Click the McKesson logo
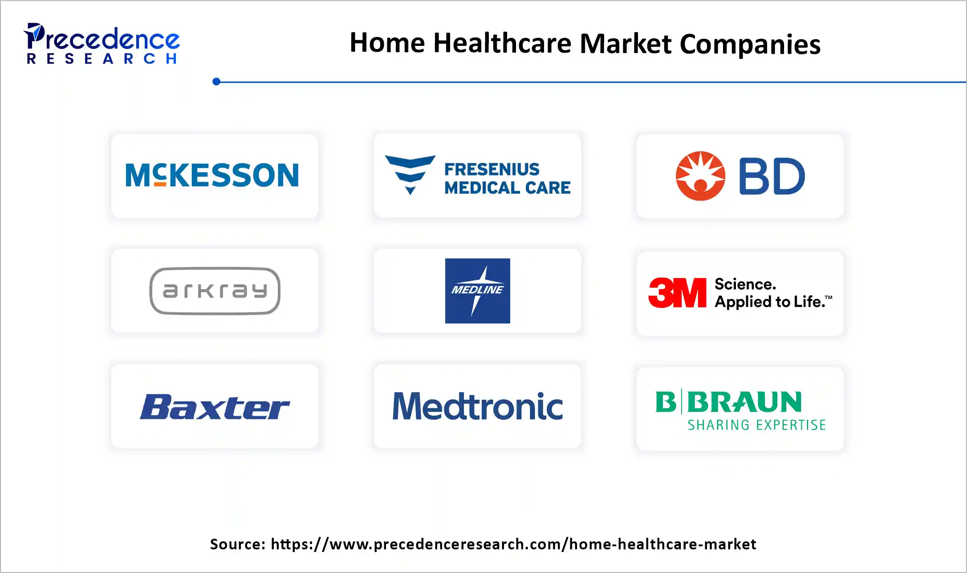[212, 175]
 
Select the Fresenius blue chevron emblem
[410, 174]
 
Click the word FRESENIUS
[492, 169]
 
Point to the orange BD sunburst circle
[700, 176]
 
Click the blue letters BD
[772, 176]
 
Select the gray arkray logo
[215, 291]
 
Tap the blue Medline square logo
[477, 291]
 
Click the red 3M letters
[677, 293]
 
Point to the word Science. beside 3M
[745, 284]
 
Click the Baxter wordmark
[215, 407]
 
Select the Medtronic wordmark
[477, 406]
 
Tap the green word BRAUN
[744, 402]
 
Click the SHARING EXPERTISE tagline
[756, 425]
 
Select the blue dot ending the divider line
[216, 82]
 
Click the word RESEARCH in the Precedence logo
[102, 59]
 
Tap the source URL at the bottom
[513, 544]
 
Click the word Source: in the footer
[238, 544]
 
